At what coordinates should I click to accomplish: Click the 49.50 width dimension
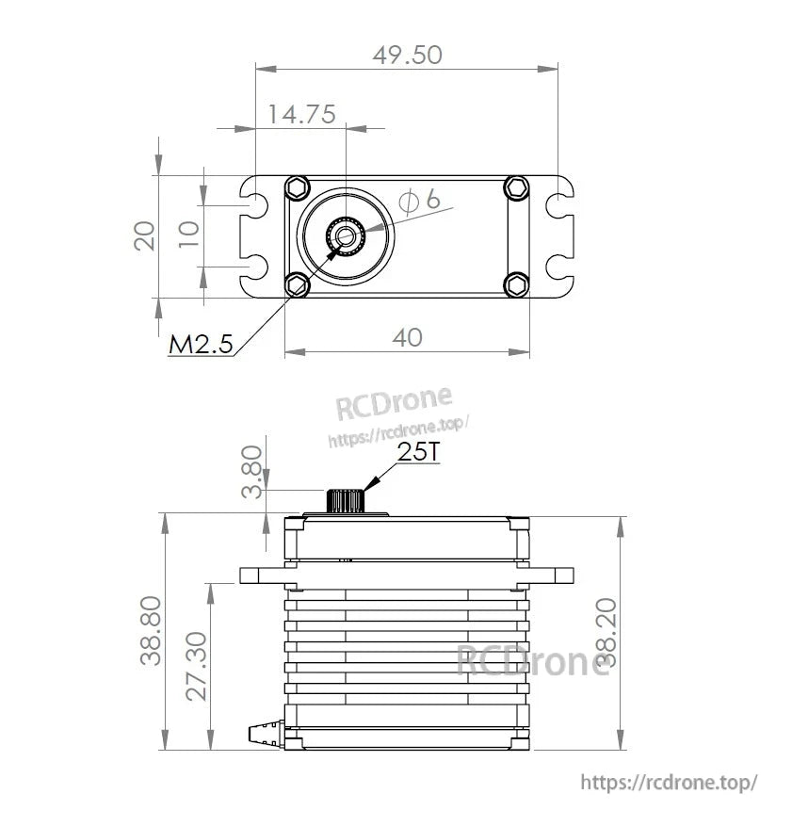(x=407, y=55)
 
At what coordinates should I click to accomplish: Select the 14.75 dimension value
(x=301, y=115)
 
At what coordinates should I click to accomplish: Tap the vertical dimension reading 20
(x=144, y=235)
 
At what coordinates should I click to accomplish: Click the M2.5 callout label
(x=200, y=345)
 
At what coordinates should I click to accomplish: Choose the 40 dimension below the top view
(x=407, y=337)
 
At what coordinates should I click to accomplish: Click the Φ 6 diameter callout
(x=419, y=200)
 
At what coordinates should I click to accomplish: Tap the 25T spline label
(x=418, y=452)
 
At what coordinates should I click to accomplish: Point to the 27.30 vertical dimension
(x=196, y=665)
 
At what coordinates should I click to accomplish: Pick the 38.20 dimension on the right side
(x=607, y=632)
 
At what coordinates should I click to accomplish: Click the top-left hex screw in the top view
(x=299, y=186)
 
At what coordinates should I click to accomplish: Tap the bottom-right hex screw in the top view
(x=516, y=283)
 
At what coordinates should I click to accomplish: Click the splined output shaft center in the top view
(x=345, y=235)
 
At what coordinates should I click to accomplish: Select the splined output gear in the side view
(x=345, y=500)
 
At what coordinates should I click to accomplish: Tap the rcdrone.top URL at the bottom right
(x=669, y=782)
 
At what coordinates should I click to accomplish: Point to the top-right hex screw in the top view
(x=516, y=186)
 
